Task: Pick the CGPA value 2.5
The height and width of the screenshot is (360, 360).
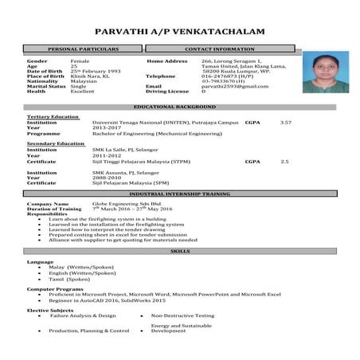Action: tap(284, 161)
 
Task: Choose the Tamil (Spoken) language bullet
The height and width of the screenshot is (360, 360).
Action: tap(69, 280)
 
